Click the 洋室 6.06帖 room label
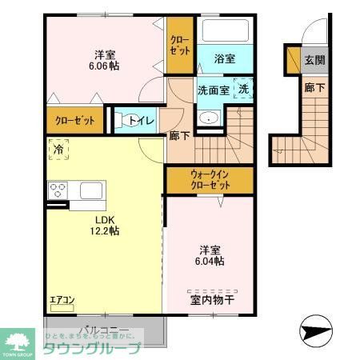pyautogui.click(x=105, y=62)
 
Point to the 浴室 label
pyautogui.click(x=225, y=58)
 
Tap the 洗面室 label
pyautogui.click(x=214, y=90)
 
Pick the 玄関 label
pyautogui.click(x=314, y=59)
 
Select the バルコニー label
pyautogui.click(x=103, y=331)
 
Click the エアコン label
pyautogui.click(x=62, y=301)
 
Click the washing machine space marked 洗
pyautogui.click(x=243, y=90)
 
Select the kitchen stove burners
pyautogui.click(x=58, y=190)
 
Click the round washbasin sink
pyautogui.click(x=210, y=118)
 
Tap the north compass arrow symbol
pyautogui.click(x=315, y=329)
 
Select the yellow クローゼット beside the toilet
pyautogui.click(x=74, y=122)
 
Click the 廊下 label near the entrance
pyautogui.click(x=314, y=89)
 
